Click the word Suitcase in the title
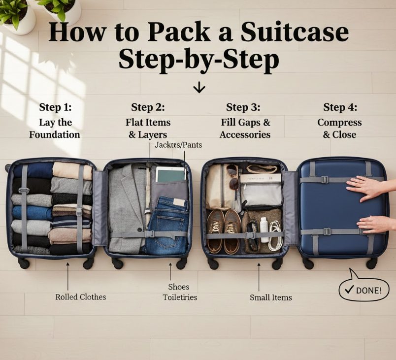pyautogui.click(x=295, y=33)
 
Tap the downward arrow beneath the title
pyautogui.click(x=199, y=87)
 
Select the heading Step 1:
pyautogui.click(x=55, y=107)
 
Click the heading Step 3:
pyautogui.click(x=243, y=107)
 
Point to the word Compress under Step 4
pyautogui.click(x=339, y=123)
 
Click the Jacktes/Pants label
pyautogui.click(x=178, y=145)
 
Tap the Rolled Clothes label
pyautogui.click(x=81, y=297)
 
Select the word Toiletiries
pyautogui.click(x=180, y=297)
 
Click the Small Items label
pyautogui.click(x=271, y=297)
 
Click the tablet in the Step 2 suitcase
pyautogui.click(x=171, y=174)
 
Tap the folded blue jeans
pyautogui.click(x=167, y=225)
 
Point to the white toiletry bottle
pyautogui.click(x=264, y=229)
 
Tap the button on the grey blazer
pyautogui.click(x=140, y=229)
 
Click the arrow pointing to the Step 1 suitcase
pyautogui.click(x=67, y=276)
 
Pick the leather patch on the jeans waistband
pyautogui.click(x=179, y=202)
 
